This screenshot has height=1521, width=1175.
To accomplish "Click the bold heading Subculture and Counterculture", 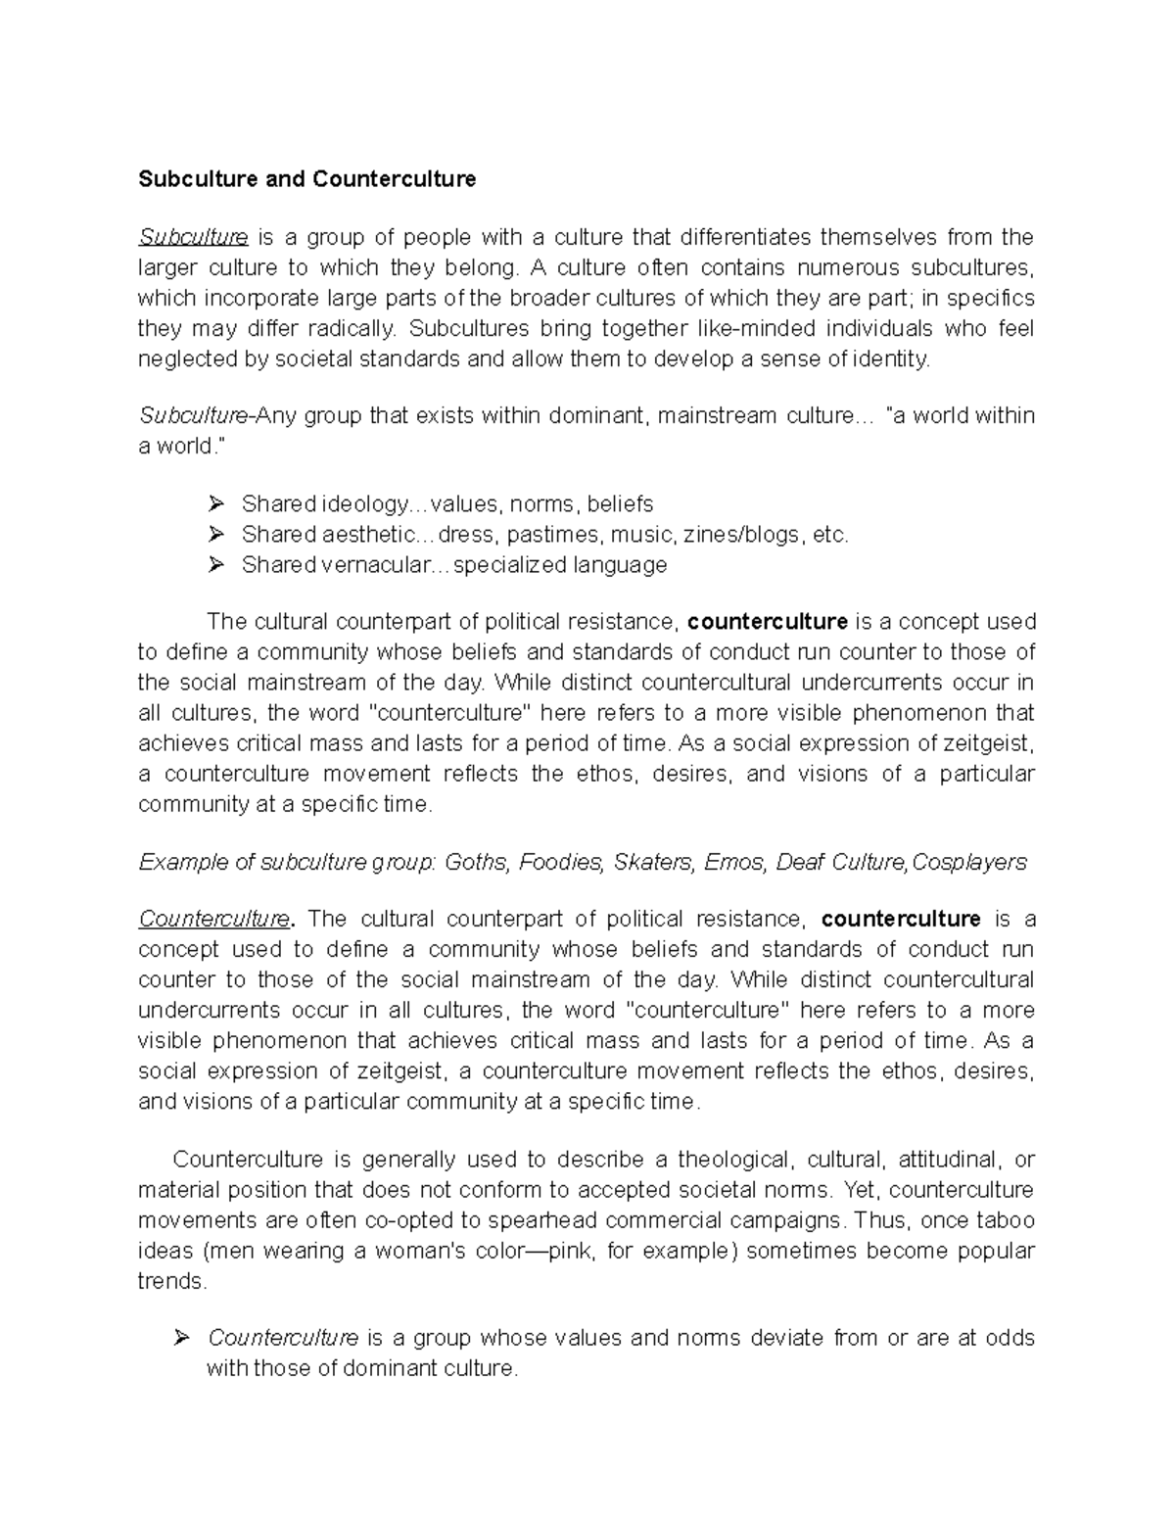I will (306, 179).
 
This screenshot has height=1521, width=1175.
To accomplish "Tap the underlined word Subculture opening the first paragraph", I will (193, 237).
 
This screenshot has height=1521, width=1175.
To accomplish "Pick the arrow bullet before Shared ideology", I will (216, 504).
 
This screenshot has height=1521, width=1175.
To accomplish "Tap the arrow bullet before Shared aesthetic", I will (216, 535).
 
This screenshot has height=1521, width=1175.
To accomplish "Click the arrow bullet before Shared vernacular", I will (216, 565).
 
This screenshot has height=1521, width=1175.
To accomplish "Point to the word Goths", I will (477, 862).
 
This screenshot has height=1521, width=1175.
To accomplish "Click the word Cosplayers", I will (968, 862).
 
